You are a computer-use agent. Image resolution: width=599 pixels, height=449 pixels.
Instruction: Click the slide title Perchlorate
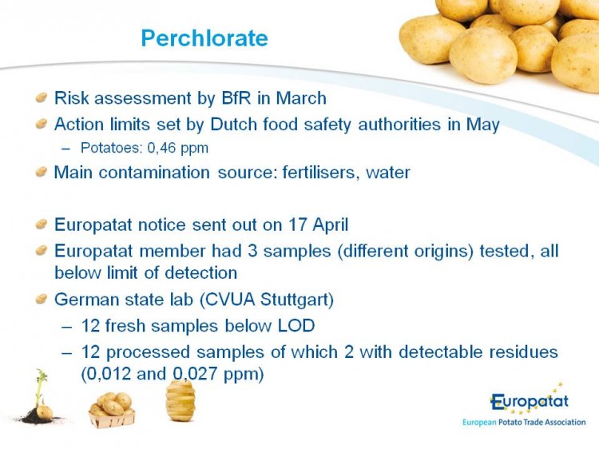(x=204, y=38)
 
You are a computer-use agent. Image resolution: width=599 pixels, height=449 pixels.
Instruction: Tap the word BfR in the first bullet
(x=236, y=97)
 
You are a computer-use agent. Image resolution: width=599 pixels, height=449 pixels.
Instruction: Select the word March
(x=301, y=97)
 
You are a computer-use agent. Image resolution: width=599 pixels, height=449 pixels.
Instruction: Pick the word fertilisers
(x=320, y=173)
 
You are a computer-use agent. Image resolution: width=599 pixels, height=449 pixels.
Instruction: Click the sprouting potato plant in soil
(x=41, y=396)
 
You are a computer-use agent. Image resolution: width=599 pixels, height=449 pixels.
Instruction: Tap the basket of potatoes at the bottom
(x=112, y=410)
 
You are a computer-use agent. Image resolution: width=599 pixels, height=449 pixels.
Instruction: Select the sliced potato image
(x=180, y=400)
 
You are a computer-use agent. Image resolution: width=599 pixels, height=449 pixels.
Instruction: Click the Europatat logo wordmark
(x=530, y=401)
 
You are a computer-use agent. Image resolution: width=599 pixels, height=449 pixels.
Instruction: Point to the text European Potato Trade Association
(x=524, y=423)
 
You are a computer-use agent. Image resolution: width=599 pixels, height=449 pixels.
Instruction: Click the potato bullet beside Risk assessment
(x=41, y=97)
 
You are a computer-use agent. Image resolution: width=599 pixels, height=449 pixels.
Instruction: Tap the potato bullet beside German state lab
(x=41, y=299)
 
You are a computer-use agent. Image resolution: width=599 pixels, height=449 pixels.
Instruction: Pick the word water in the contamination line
(x=387, y=173)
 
